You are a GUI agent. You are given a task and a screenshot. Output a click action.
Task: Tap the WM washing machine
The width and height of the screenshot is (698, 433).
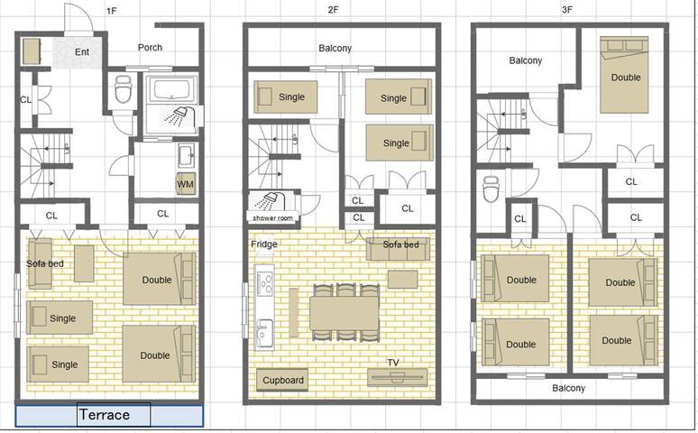point(185,184)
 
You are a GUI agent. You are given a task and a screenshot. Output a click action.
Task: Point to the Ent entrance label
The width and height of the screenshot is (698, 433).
point(82,51)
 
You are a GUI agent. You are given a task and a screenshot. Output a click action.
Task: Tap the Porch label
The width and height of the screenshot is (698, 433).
point(150,48)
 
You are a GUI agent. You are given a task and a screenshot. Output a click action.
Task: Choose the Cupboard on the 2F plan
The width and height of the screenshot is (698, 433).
point(282,380)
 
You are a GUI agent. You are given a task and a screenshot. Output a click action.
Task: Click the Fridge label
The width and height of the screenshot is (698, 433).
point(264,244)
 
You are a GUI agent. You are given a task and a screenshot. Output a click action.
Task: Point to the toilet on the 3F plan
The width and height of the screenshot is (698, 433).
point(491,190)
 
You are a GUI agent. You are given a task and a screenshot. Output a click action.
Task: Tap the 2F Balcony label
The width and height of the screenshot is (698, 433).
point(335,49)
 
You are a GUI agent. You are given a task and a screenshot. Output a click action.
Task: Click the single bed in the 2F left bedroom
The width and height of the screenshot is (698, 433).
point(283,97)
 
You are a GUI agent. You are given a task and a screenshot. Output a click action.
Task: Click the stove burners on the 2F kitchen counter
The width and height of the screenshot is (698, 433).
point(266,286)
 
